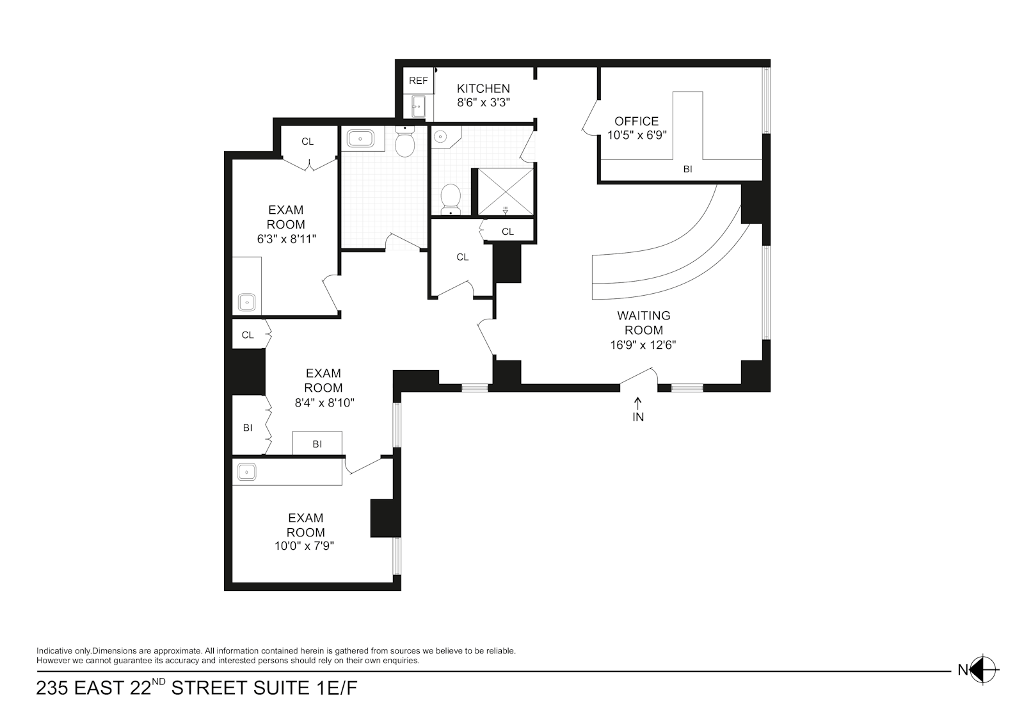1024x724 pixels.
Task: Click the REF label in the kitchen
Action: pyautogui.click(x=418, y=81)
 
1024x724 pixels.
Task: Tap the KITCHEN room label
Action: pyautogui.click(x=483, y=88)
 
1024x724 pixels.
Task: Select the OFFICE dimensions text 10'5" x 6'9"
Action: pyautogui.click(x=637, y=135)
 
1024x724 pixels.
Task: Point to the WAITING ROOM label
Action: pyautogui.click(x=644, y=323)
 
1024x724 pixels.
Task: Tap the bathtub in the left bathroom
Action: pyautogui.click(x=362, y=138)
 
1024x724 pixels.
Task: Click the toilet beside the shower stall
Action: pyautogui.click(x=452, y=198)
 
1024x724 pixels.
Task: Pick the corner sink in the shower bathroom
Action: pyautogui.click(x=442, y=136)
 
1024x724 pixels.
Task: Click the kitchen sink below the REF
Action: pyautogui.click(x=418, y=106)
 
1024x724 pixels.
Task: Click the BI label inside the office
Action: pyautogui.click(x=687, y=170)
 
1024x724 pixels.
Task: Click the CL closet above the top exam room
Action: pyautogui.click(x=307, y=141)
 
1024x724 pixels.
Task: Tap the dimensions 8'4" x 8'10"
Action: pyautogui.click(x=324, y=403)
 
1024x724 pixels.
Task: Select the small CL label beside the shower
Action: pyautogui.click(x=508, y=232)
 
